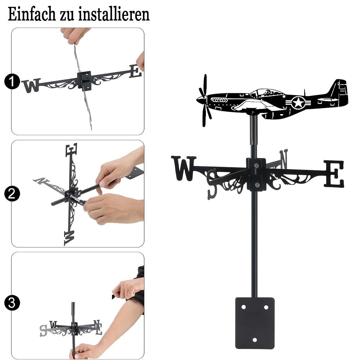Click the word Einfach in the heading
click(32, 14)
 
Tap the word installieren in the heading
click(114, 14)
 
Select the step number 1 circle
click(12, 81)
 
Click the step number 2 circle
click(12, 194)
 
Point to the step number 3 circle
click(12, 303)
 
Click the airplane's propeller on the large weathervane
click(204, 100)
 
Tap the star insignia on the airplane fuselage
click(298, 102)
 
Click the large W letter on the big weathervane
click(184, 168)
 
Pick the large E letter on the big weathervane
click(334, 174)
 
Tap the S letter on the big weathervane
click(212, 184)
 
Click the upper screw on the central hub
click(256, 165)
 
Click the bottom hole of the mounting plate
click(255, 340)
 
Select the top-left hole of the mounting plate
click(244, 307)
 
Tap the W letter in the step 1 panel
click(31, 85)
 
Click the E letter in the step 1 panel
click(135, 71)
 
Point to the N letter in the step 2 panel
click(41, 181)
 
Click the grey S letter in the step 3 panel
click(44, 330)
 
